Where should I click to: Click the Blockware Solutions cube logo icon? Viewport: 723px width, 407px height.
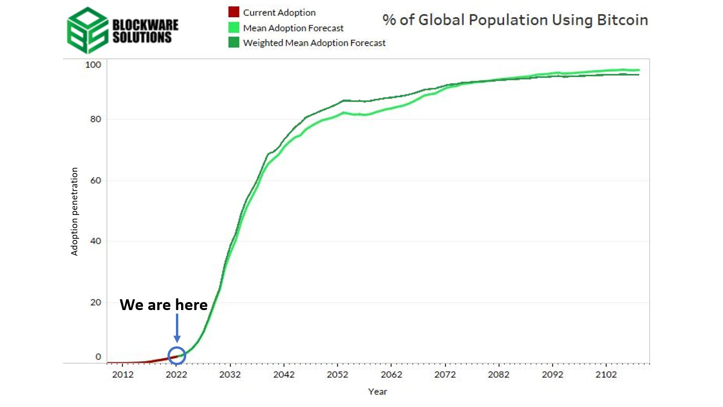tap(87, 30)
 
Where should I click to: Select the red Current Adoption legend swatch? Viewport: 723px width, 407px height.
tap(233, 12)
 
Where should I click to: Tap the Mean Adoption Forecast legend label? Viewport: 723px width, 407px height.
tap(293, 28)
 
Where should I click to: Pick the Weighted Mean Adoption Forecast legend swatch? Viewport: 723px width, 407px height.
tap(233, 42)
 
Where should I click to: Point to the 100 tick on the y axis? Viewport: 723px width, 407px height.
tap(93, 64)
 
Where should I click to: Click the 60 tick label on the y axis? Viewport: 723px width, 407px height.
tap(95, 180)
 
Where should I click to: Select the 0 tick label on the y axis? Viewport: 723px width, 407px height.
tap(98, 357)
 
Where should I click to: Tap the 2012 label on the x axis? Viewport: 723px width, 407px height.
tap(122, 375)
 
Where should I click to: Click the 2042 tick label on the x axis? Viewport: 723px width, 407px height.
tap(284, 375)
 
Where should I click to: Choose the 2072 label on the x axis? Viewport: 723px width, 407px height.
tap(445, 375)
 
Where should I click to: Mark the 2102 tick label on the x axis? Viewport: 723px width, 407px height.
tap(606, 375)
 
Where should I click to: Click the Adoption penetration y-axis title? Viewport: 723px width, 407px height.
tap(74, 211)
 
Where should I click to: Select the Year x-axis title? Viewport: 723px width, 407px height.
tap(377, 391)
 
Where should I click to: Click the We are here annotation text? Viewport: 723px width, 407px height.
tap(163, 305)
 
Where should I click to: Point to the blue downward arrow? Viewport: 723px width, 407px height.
tap(177, 328)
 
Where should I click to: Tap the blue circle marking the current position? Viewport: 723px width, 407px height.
tap(177, 355)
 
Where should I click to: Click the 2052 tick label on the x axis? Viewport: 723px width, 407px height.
tap(337, 375)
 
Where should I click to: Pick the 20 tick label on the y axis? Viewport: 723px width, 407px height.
tap(95, 302)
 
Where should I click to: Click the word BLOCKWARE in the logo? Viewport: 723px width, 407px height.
tap(145, 24)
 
